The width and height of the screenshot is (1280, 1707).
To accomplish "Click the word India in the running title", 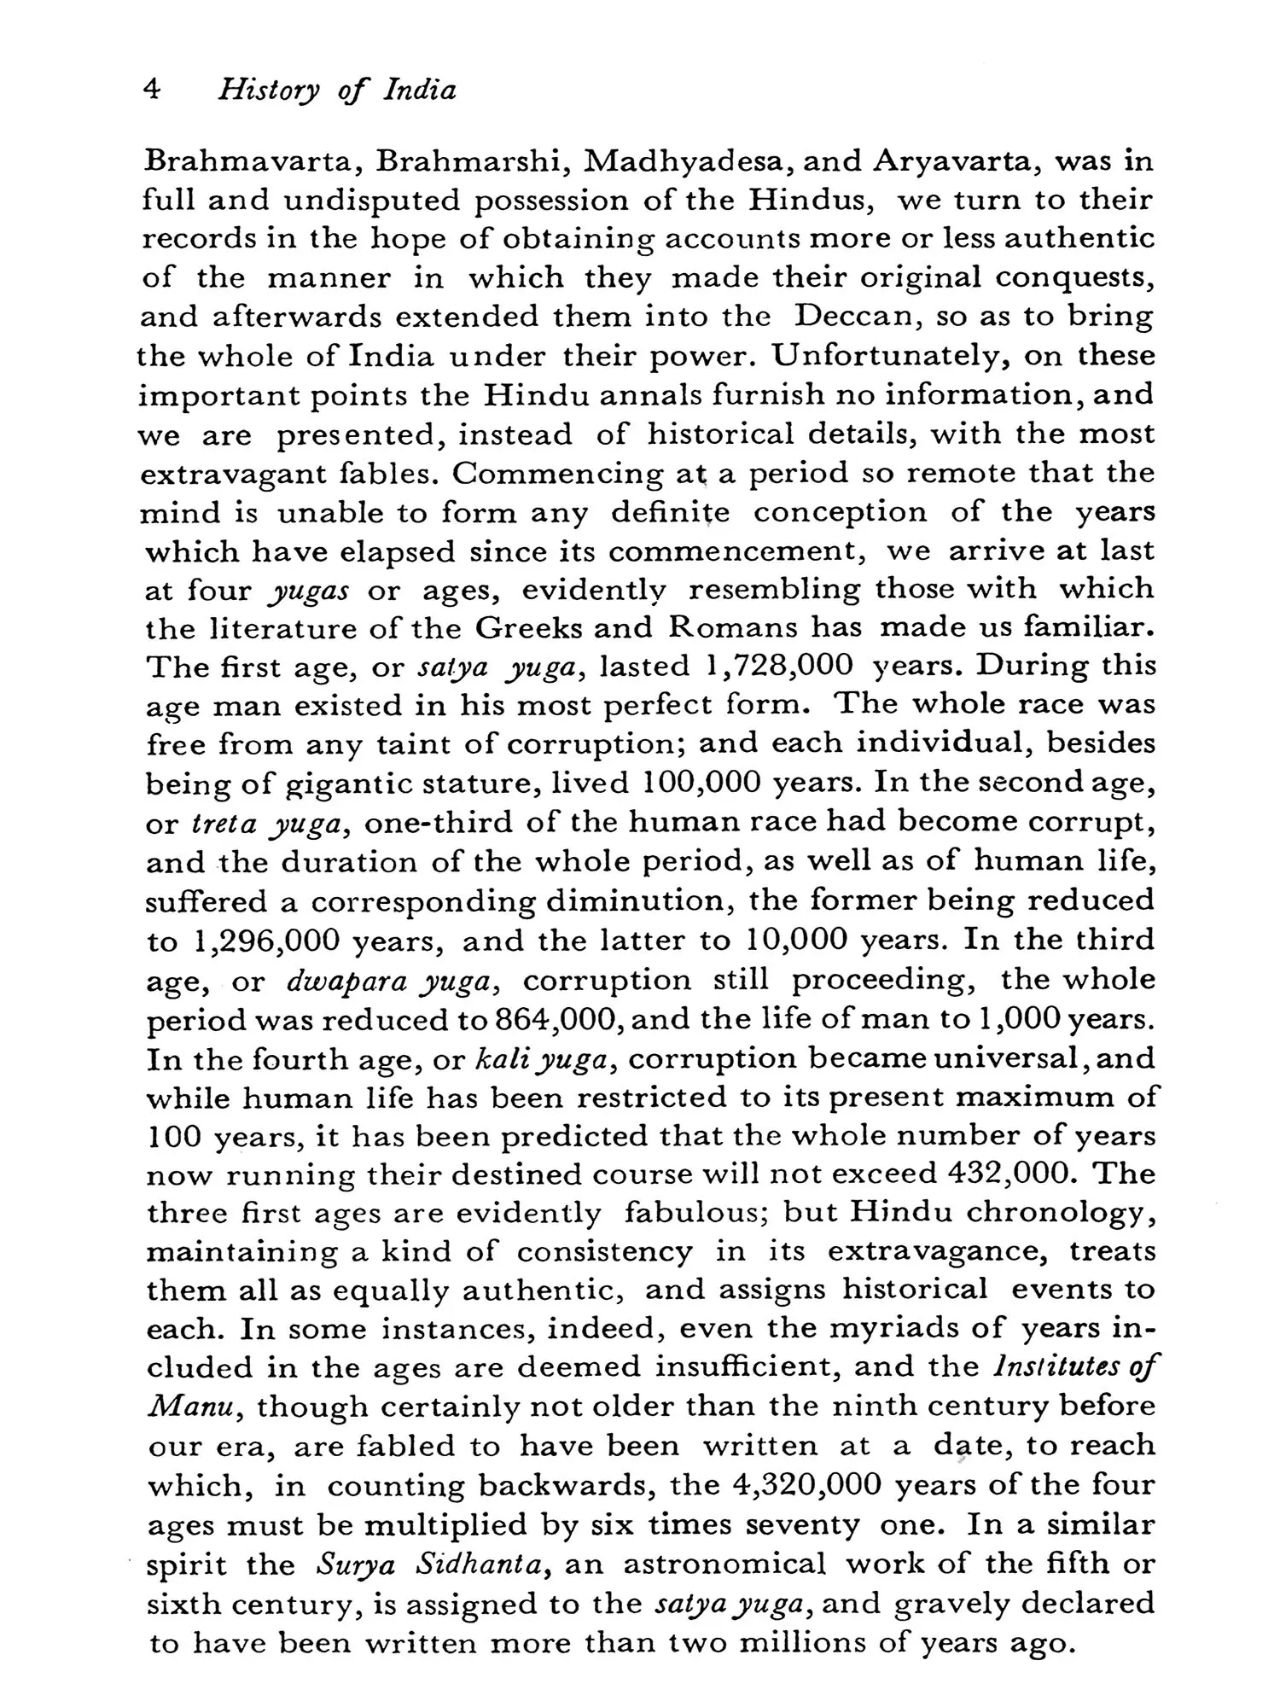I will click(420, 90).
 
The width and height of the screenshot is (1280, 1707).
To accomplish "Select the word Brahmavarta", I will click(252, 161).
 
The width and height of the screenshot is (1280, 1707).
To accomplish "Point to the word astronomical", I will click(724, 1564).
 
